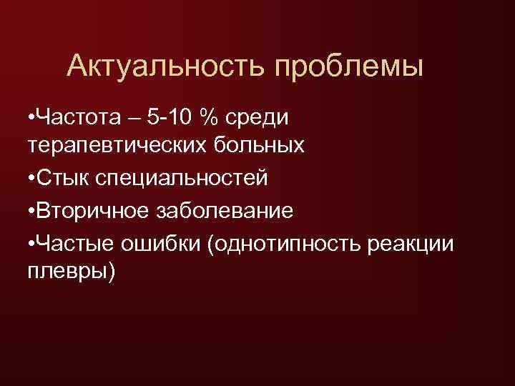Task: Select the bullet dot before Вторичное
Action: coord(29,211)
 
